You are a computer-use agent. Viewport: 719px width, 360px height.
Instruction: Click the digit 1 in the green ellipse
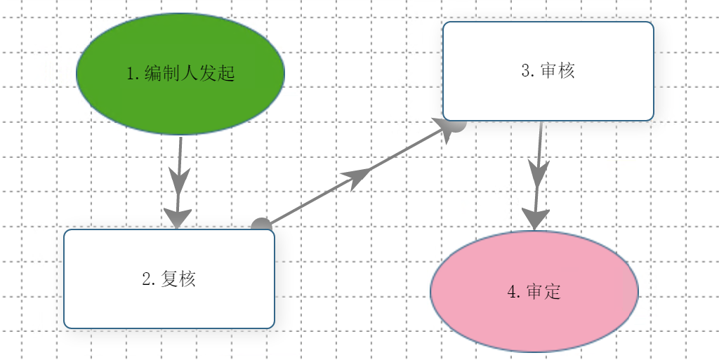point(131,73)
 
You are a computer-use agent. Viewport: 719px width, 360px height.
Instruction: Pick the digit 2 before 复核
point(146,279)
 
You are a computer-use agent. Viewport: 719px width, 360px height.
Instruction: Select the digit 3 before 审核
point(526,71)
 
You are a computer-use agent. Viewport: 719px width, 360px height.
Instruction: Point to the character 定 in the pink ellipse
point(553,292)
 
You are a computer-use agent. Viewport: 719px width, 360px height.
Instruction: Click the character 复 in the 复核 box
point(169,279)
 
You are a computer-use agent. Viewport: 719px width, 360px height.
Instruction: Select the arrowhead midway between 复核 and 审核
point(356,178)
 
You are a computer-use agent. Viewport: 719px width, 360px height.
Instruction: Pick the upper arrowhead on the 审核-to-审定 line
point(538,173)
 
